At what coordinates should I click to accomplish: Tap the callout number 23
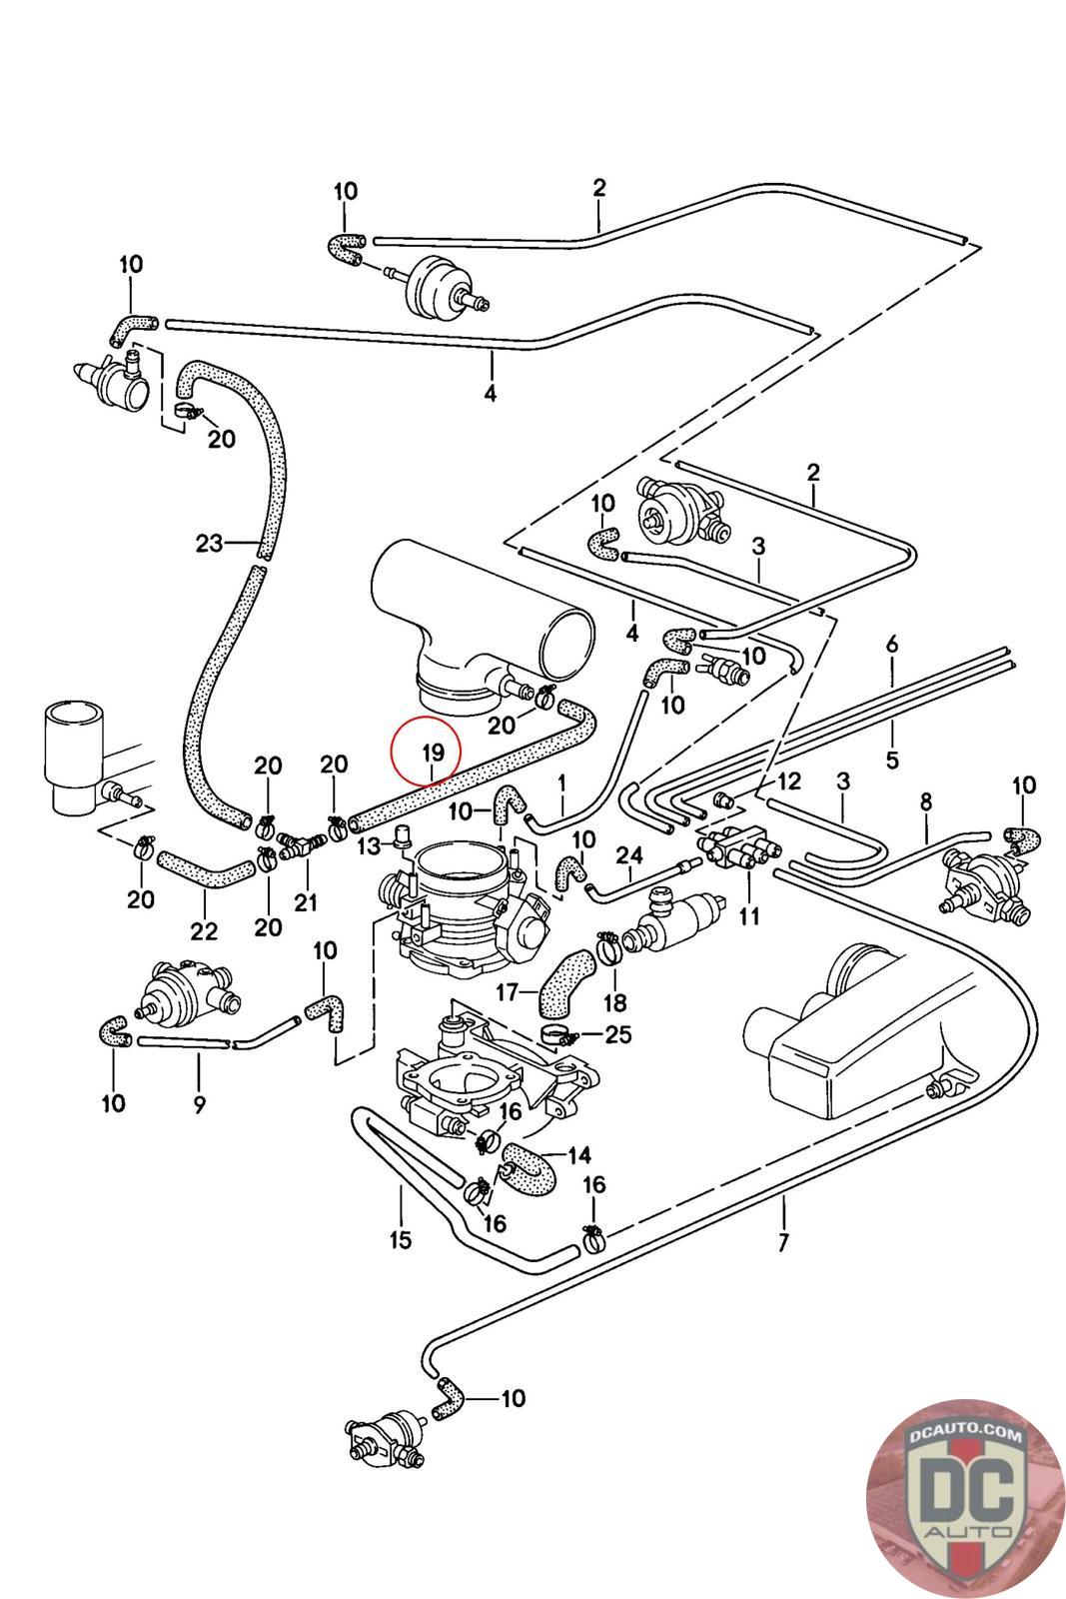pyautogui.click(x=209, y=544)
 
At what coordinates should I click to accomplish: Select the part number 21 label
pyautogui.click(x=305, y=901)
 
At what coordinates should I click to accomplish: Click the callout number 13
pyautogui.click(x=369, y=847)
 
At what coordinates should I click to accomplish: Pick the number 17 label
pyautogui.click(x=508, y=992)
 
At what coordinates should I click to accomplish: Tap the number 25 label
pyautogui.click(x=618, y=1034)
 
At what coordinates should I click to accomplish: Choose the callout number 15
pyautogui.click(x=400, y=1240)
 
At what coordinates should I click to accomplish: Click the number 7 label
pyautogui.click(x=782, y=1243)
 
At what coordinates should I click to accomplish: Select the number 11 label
pyautogui.click(x=749, y=914)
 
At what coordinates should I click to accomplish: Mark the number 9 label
pyautogui.click(x=199, y=1103)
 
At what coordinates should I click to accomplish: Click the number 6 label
pyautogui.click(x=892, y=645)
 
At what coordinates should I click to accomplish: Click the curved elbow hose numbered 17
pyautogui.click(x=564, y=982)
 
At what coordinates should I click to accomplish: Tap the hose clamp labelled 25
pyautogui.click(x=556, y=1032)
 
